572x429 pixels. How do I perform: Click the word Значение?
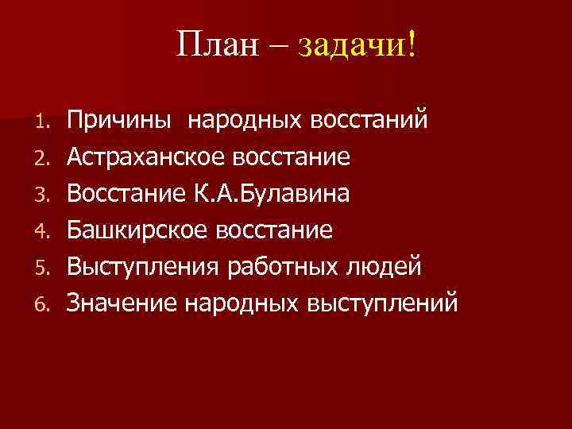[x=121, y=303]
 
